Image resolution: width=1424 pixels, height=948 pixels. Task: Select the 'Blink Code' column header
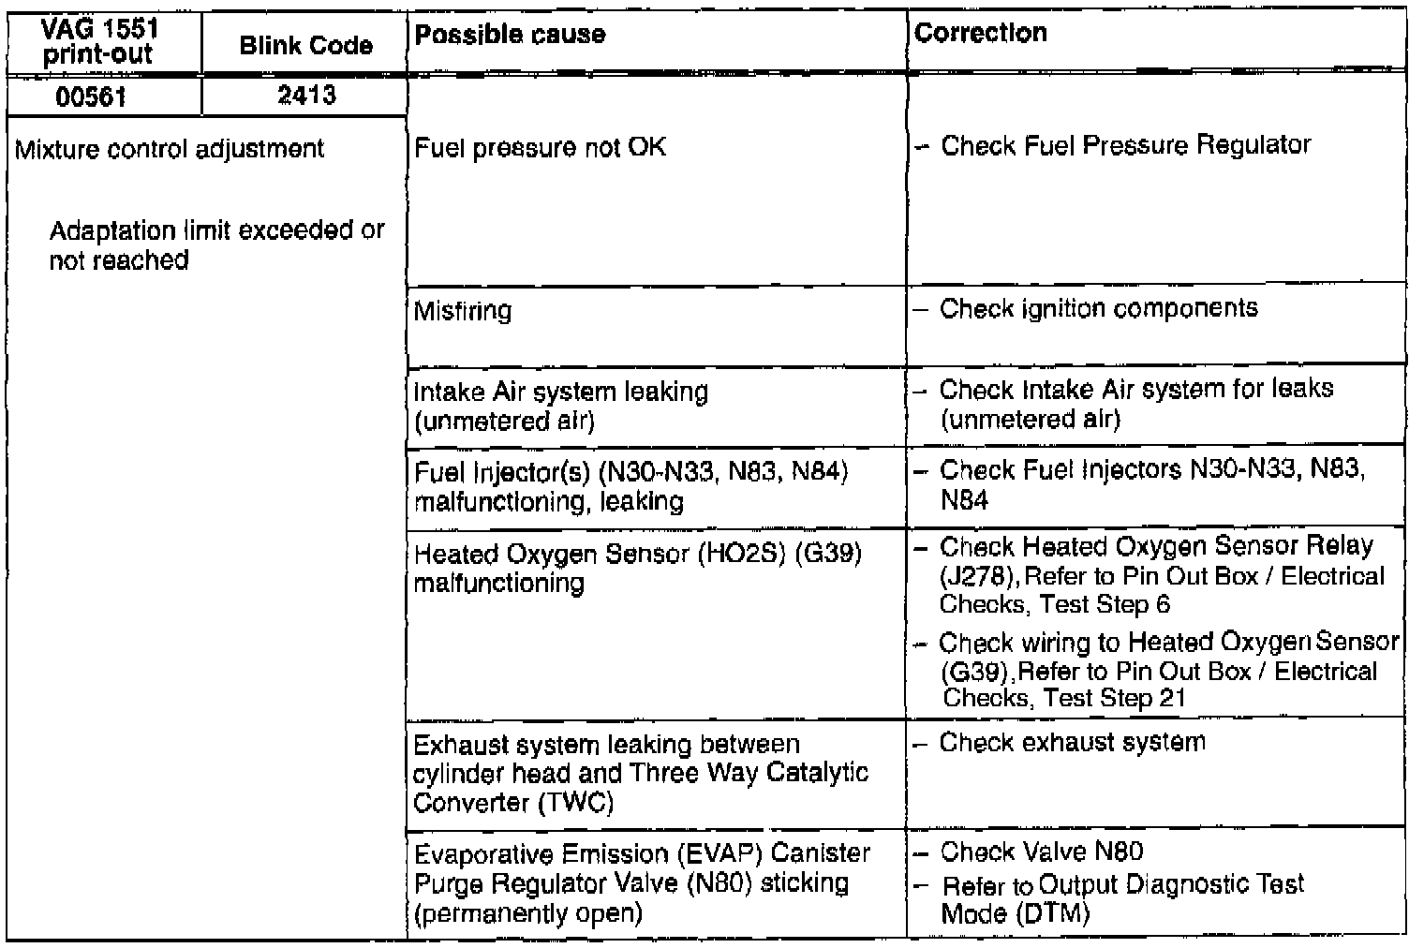pyautogui.click(x=305, y=46)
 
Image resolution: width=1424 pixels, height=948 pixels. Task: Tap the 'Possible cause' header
pyautogui.click(x=510, y=35)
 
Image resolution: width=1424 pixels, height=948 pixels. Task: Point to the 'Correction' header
pyautogui.click(x=980, y=33)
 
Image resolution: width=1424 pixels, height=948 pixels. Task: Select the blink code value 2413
pyautogui.click(x=306, y=96)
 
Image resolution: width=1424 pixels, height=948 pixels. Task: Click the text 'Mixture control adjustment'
pyautogui.click(x=170, y=149)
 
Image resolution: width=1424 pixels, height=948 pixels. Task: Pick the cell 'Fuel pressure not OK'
pyautogui.click(x=540, y=147)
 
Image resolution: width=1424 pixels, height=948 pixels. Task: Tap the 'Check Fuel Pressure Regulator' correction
pyautogui.click(x=1124, y=145)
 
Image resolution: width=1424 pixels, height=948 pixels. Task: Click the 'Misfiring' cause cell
pyautogui.click(x=463, y=310)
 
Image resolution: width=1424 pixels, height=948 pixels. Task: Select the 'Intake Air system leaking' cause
pyautogui.click(x=561, y=391)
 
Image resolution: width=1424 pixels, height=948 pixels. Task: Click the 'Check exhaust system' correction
pyautogui.click(x=1072, y=743)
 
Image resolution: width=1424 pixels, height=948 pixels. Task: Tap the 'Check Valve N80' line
pyautogui.click(x=1041, y=852)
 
